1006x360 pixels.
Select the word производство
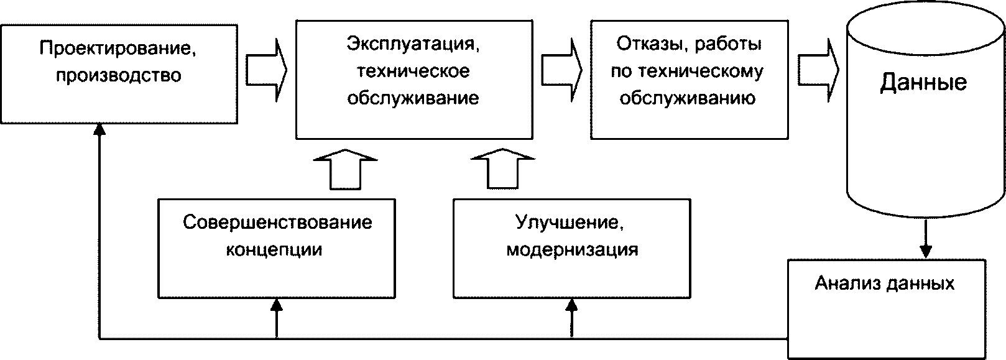pyautogui.click(x=119, y=75)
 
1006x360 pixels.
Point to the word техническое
pyautogui.click(x=413, y=72)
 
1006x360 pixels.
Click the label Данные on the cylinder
pyautogui.click(x=923, y=83)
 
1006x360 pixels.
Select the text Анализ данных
pyautogui.click(x=885, y=284)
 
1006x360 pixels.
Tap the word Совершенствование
pyautogui.click(x=277, y=223)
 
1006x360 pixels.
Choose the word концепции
pyautogui.click(x=274, y=250)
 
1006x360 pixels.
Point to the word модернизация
pyautogui.click(x=572, y=250)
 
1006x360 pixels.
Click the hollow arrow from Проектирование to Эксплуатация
pyautogui.click(x=266, y=70)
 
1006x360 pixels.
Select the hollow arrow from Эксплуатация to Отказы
pyautogui.click(x=562, y=70)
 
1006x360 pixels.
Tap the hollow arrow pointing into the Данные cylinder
pyautogui.click(x=818, y=70)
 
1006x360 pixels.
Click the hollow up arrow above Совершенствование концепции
pyautogui.click(x=345, y=169)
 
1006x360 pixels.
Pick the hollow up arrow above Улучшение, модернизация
pyautogui.click(x=503, y=169)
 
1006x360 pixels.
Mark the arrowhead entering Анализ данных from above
pyautogui.click(x=926, y=251)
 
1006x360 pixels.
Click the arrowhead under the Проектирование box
pyautogui.click(x=99, y=129)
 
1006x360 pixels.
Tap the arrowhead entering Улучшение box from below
pyautogui.click(x=572, y=305)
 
